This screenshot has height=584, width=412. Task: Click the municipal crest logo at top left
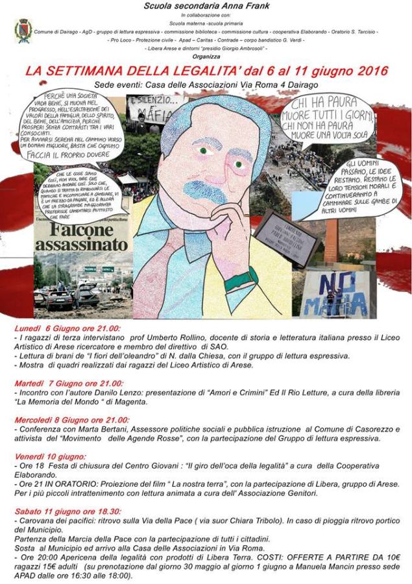pos(23,29)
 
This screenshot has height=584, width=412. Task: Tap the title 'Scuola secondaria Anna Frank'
pos(206,6)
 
